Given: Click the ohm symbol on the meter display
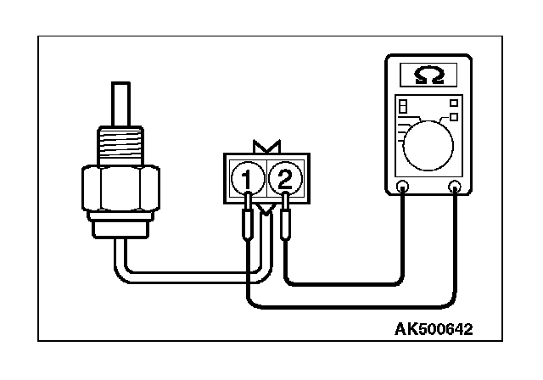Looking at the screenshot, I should point(428,76).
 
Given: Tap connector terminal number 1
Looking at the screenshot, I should point(246,178).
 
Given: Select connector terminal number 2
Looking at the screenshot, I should point(285,178).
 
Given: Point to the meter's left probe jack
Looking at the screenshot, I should point(402,187).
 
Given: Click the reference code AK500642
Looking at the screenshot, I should point(433,328).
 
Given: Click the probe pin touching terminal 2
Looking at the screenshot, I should point(285,219).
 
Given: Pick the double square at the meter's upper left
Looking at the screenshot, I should point(403,108).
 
